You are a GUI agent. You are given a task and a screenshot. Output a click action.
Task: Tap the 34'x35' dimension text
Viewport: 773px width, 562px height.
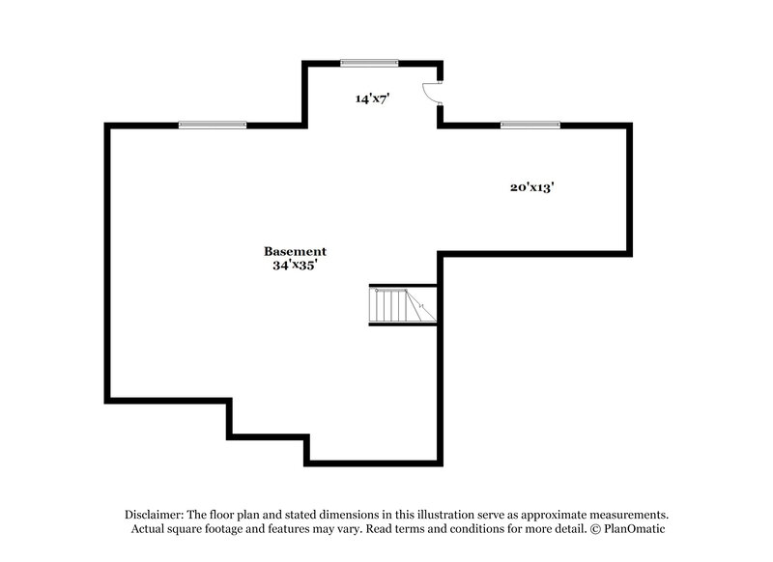click(295, 265)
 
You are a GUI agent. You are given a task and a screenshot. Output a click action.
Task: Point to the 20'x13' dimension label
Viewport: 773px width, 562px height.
click(530, 188)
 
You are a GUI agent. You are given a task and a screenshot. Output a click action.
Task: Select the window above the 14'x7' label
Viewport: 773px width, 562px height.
click(369, 64)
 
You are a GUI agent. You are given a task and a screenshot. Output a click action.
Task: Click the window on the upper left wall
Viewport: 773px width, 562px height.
click(213, 125)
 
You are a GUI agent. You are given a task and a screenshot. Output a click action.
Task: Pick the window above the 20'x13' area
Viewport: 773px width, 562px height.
click(530, 125)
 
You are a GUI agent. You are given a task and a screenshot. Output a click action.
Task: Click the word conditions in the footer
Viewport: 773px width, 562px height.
click(469, 529)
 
